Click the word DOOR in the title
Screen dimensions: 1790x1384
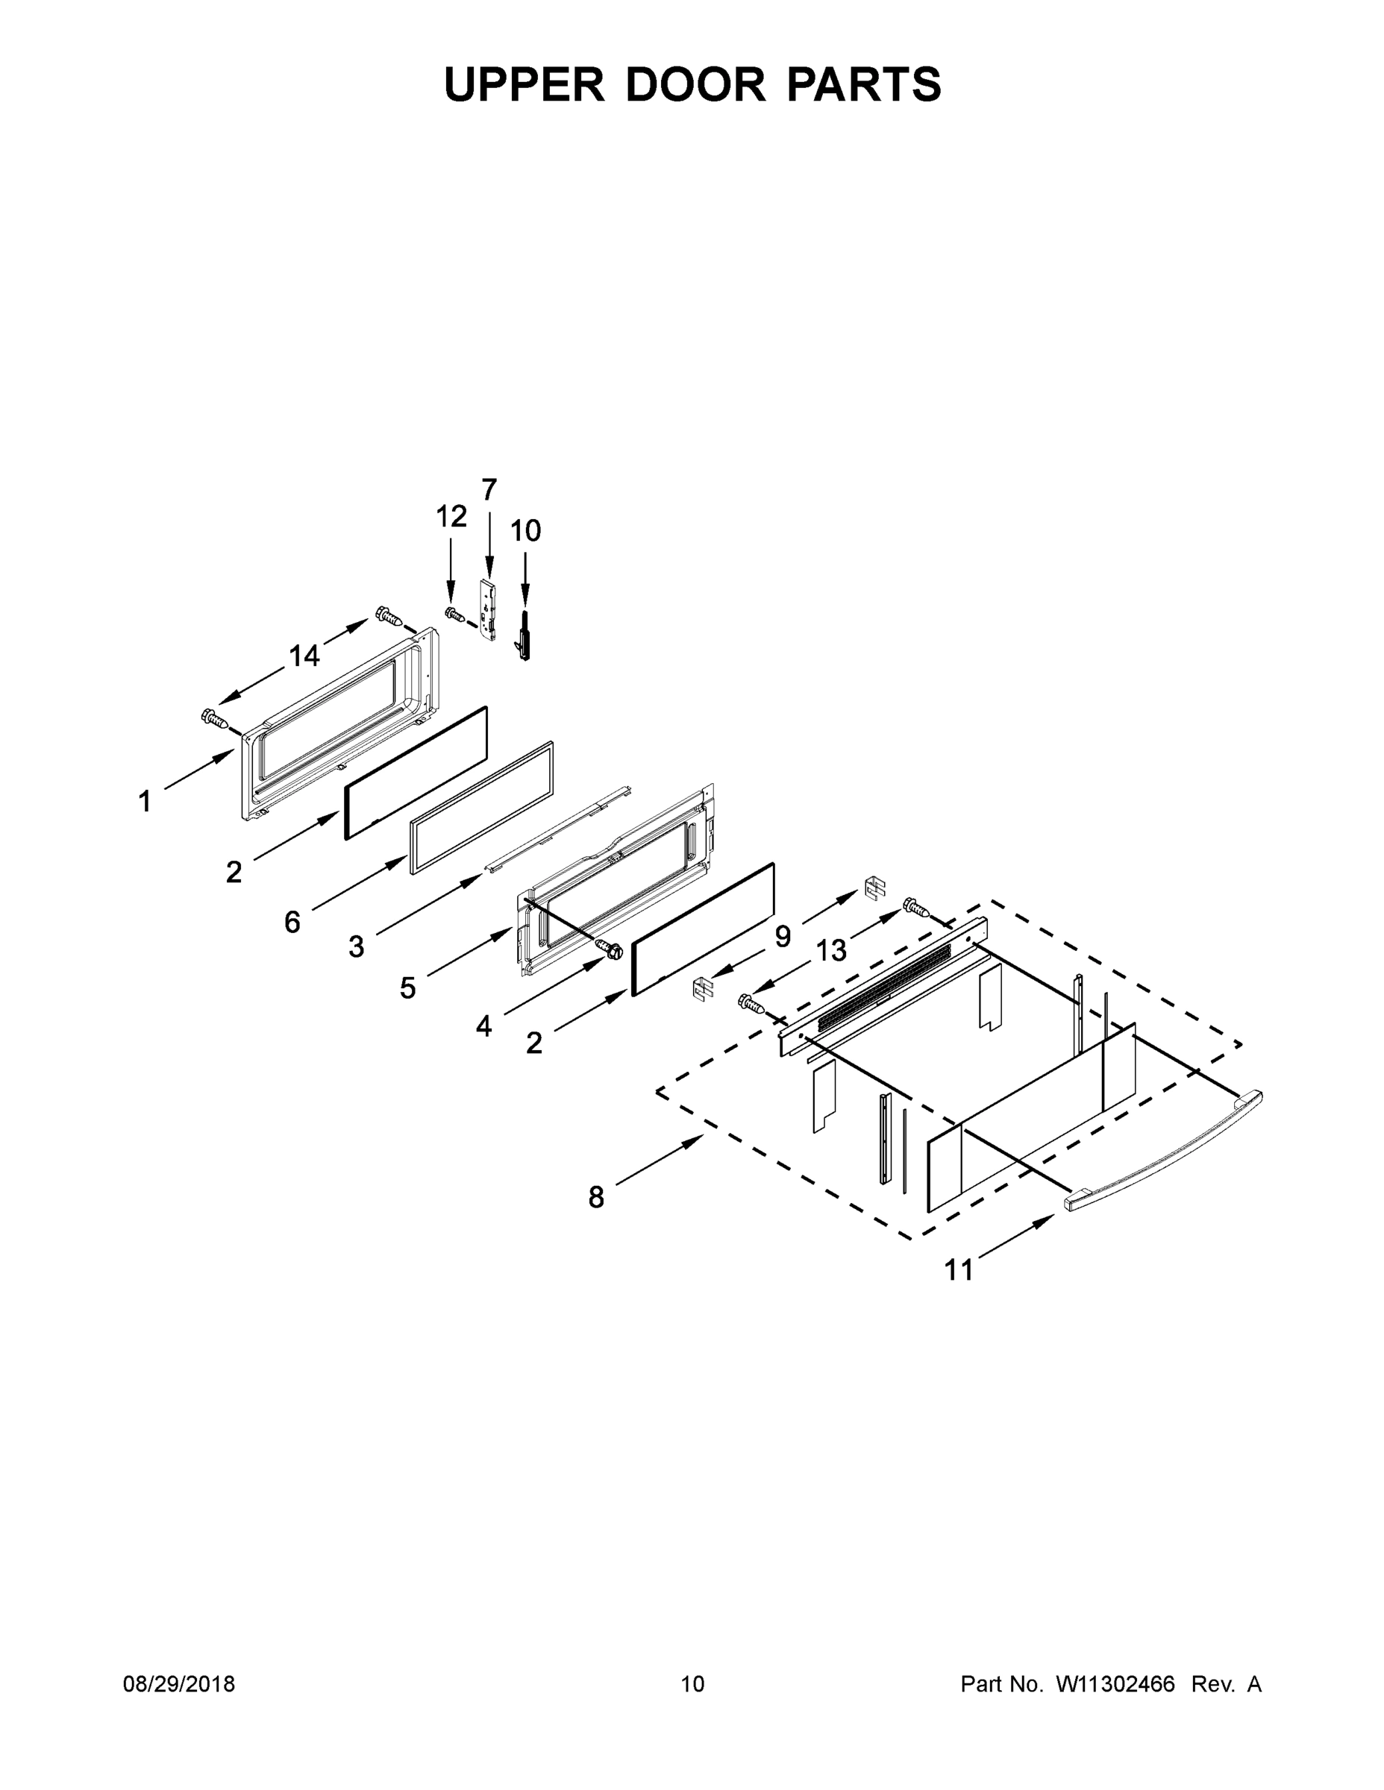[696, 84]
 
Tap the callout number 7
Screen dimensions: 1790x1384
[489, 490]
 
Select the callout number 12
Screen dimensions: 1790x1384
[451, 516]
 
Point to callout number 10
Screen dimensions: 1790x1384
[525, 531]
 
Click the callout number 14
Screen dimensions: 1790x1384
[304, 656]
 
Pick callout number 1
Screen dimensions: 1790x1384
[145, 801]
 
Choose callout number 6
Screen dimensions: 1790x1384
[292, 923]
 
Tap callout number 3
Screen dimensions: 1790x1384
[356, 947]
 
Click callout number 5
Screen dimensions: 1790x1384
[407, 988]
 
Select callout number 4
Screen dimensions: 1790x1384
[483, 1026]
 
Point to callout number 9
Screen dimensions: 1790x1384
[783, 936]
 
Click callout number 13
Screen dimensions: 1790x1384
[830, 951]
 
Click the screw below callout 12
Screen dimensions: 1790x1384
[454, 614]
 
